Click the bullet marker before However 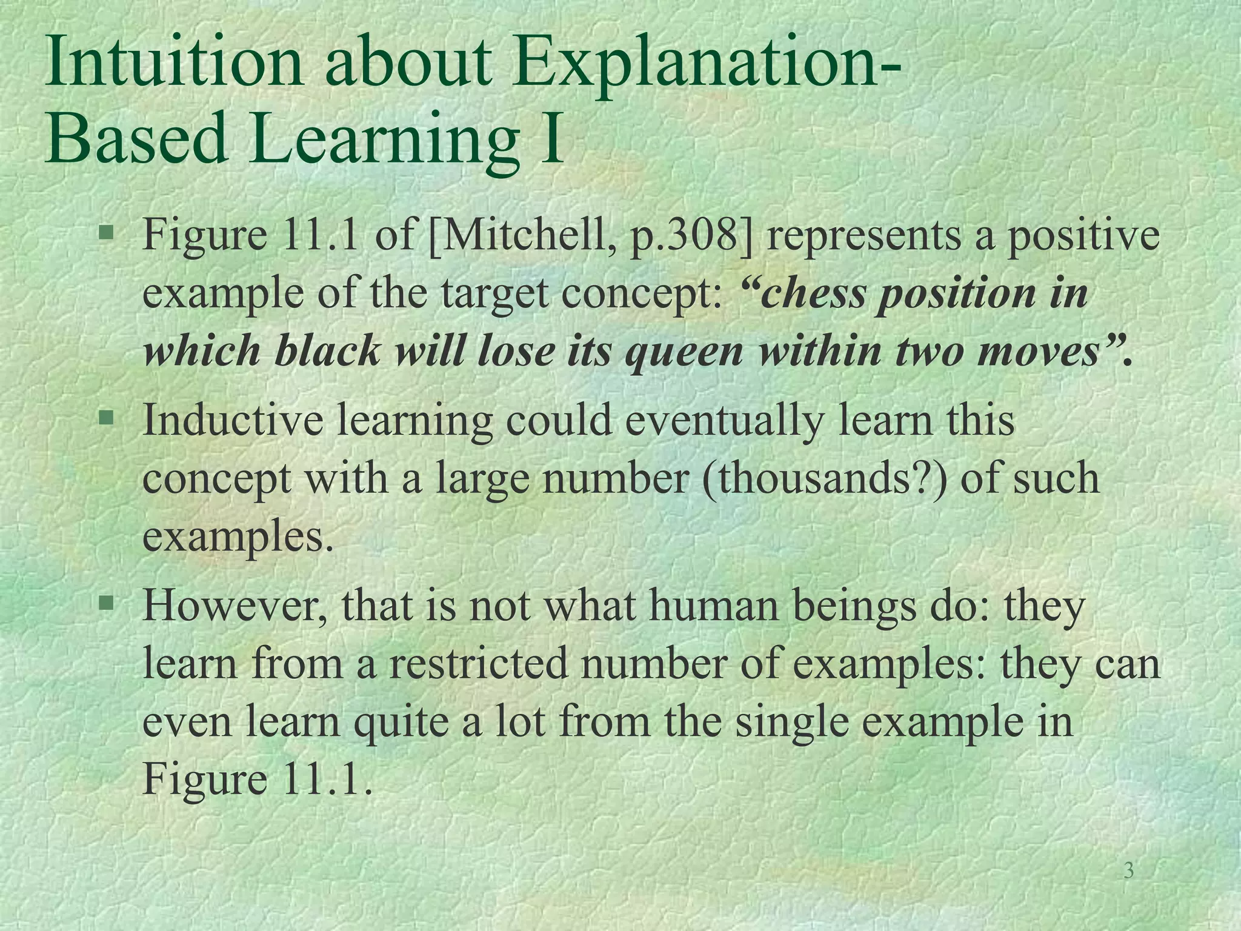[x=107, y=602]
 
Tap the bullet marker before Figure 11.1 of [x=107, y=231]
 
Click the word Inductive [x=233, y=420]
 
